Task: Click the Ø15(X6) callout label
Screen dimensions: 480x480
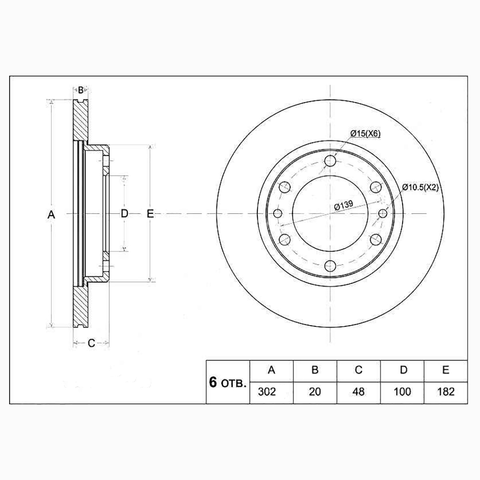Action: (x=366, y=134)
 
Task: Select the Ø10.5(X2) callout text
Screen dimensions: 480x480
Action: (x=420, y=187)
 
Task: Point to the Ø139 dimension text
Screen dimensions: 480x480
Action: (x=344, y=206)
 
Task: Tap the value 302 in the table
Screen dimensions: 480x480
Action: (x=267, y=392)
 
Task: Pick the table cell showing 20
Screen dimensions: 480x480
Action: (x=315, y=392)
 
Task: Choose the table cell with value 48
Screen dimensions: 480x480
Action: (x=358, y=392)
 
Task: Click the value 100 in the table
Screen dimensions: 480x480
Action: (x=402, y=392)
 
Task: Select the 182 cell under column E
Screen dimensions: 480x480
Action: (x=446, y=392)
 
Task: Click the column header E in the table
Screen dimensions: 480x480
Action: (x=446, y=370)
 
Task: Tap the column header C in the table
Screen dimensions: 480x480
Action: (x=358, y=370)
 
